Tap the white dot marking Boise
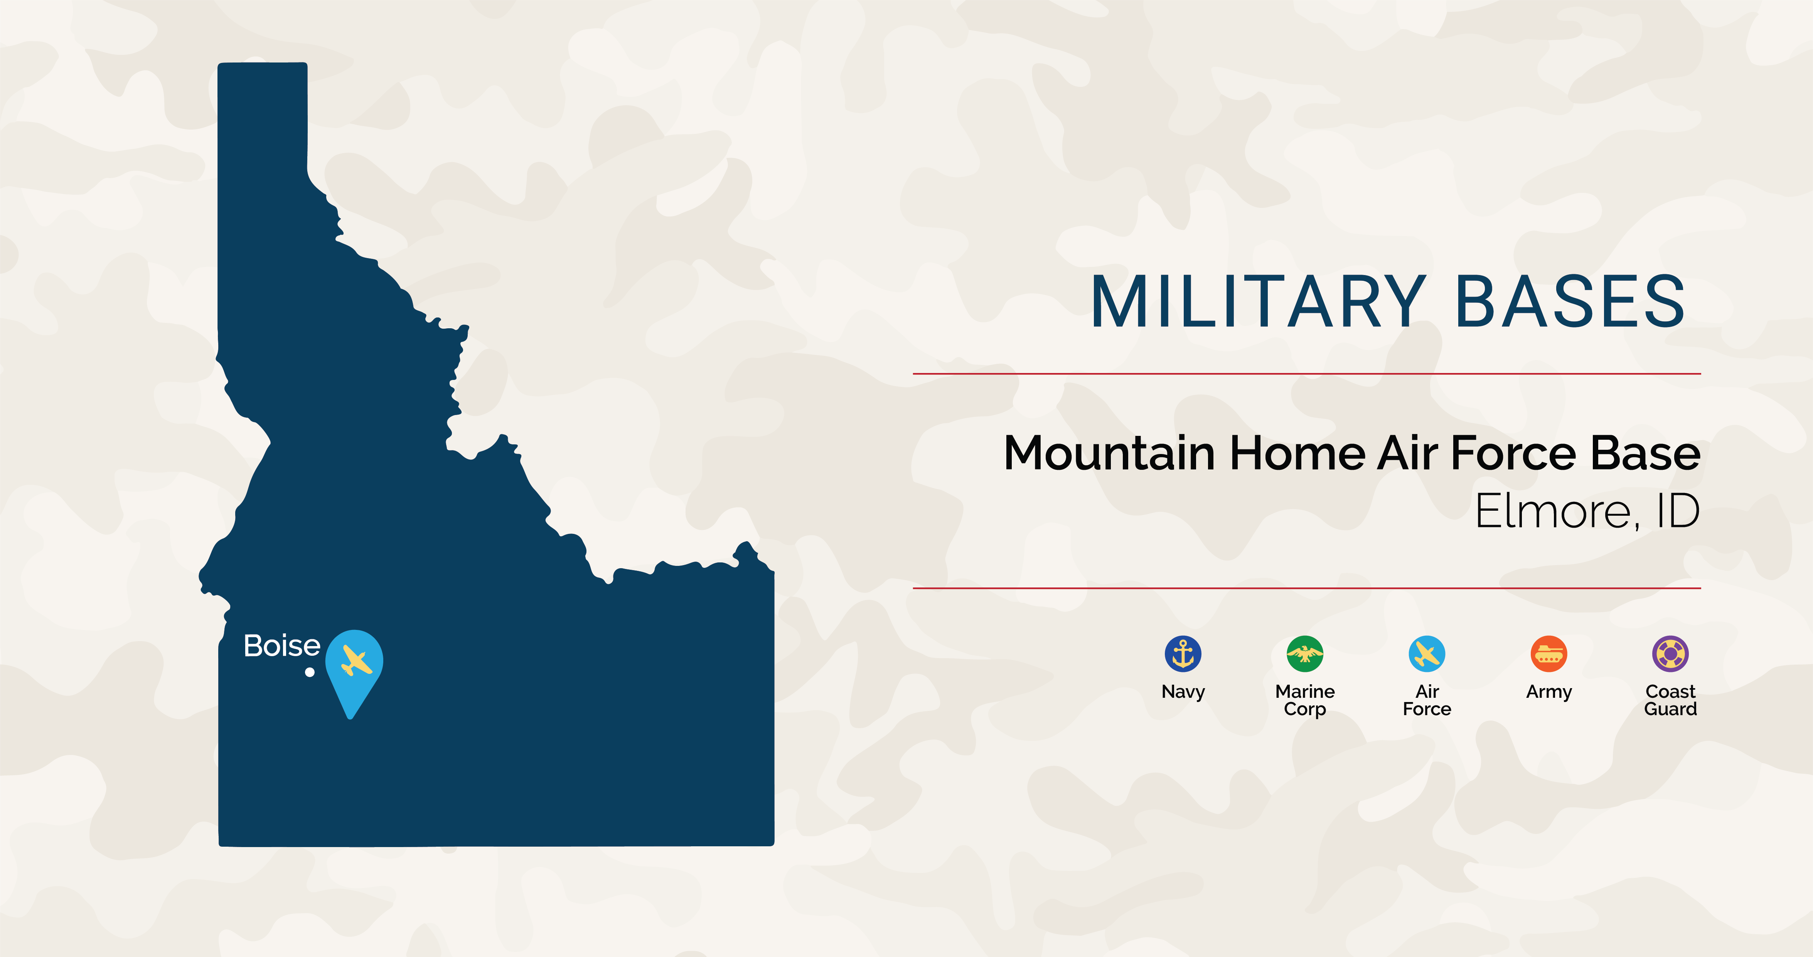(x=310, y=672)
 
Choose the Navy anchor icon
(x=1183, y=653)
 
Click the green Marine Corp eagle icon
(x=1305, y=653)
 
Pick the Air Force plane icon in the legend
(x=1427, y=653)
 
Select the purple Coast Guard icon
(x=1670, y=653)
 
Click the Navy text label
(x=1183, y=692)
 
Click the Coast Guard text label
(x=1670, y=700)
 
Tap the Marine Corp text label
(x=1305, y=700)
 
